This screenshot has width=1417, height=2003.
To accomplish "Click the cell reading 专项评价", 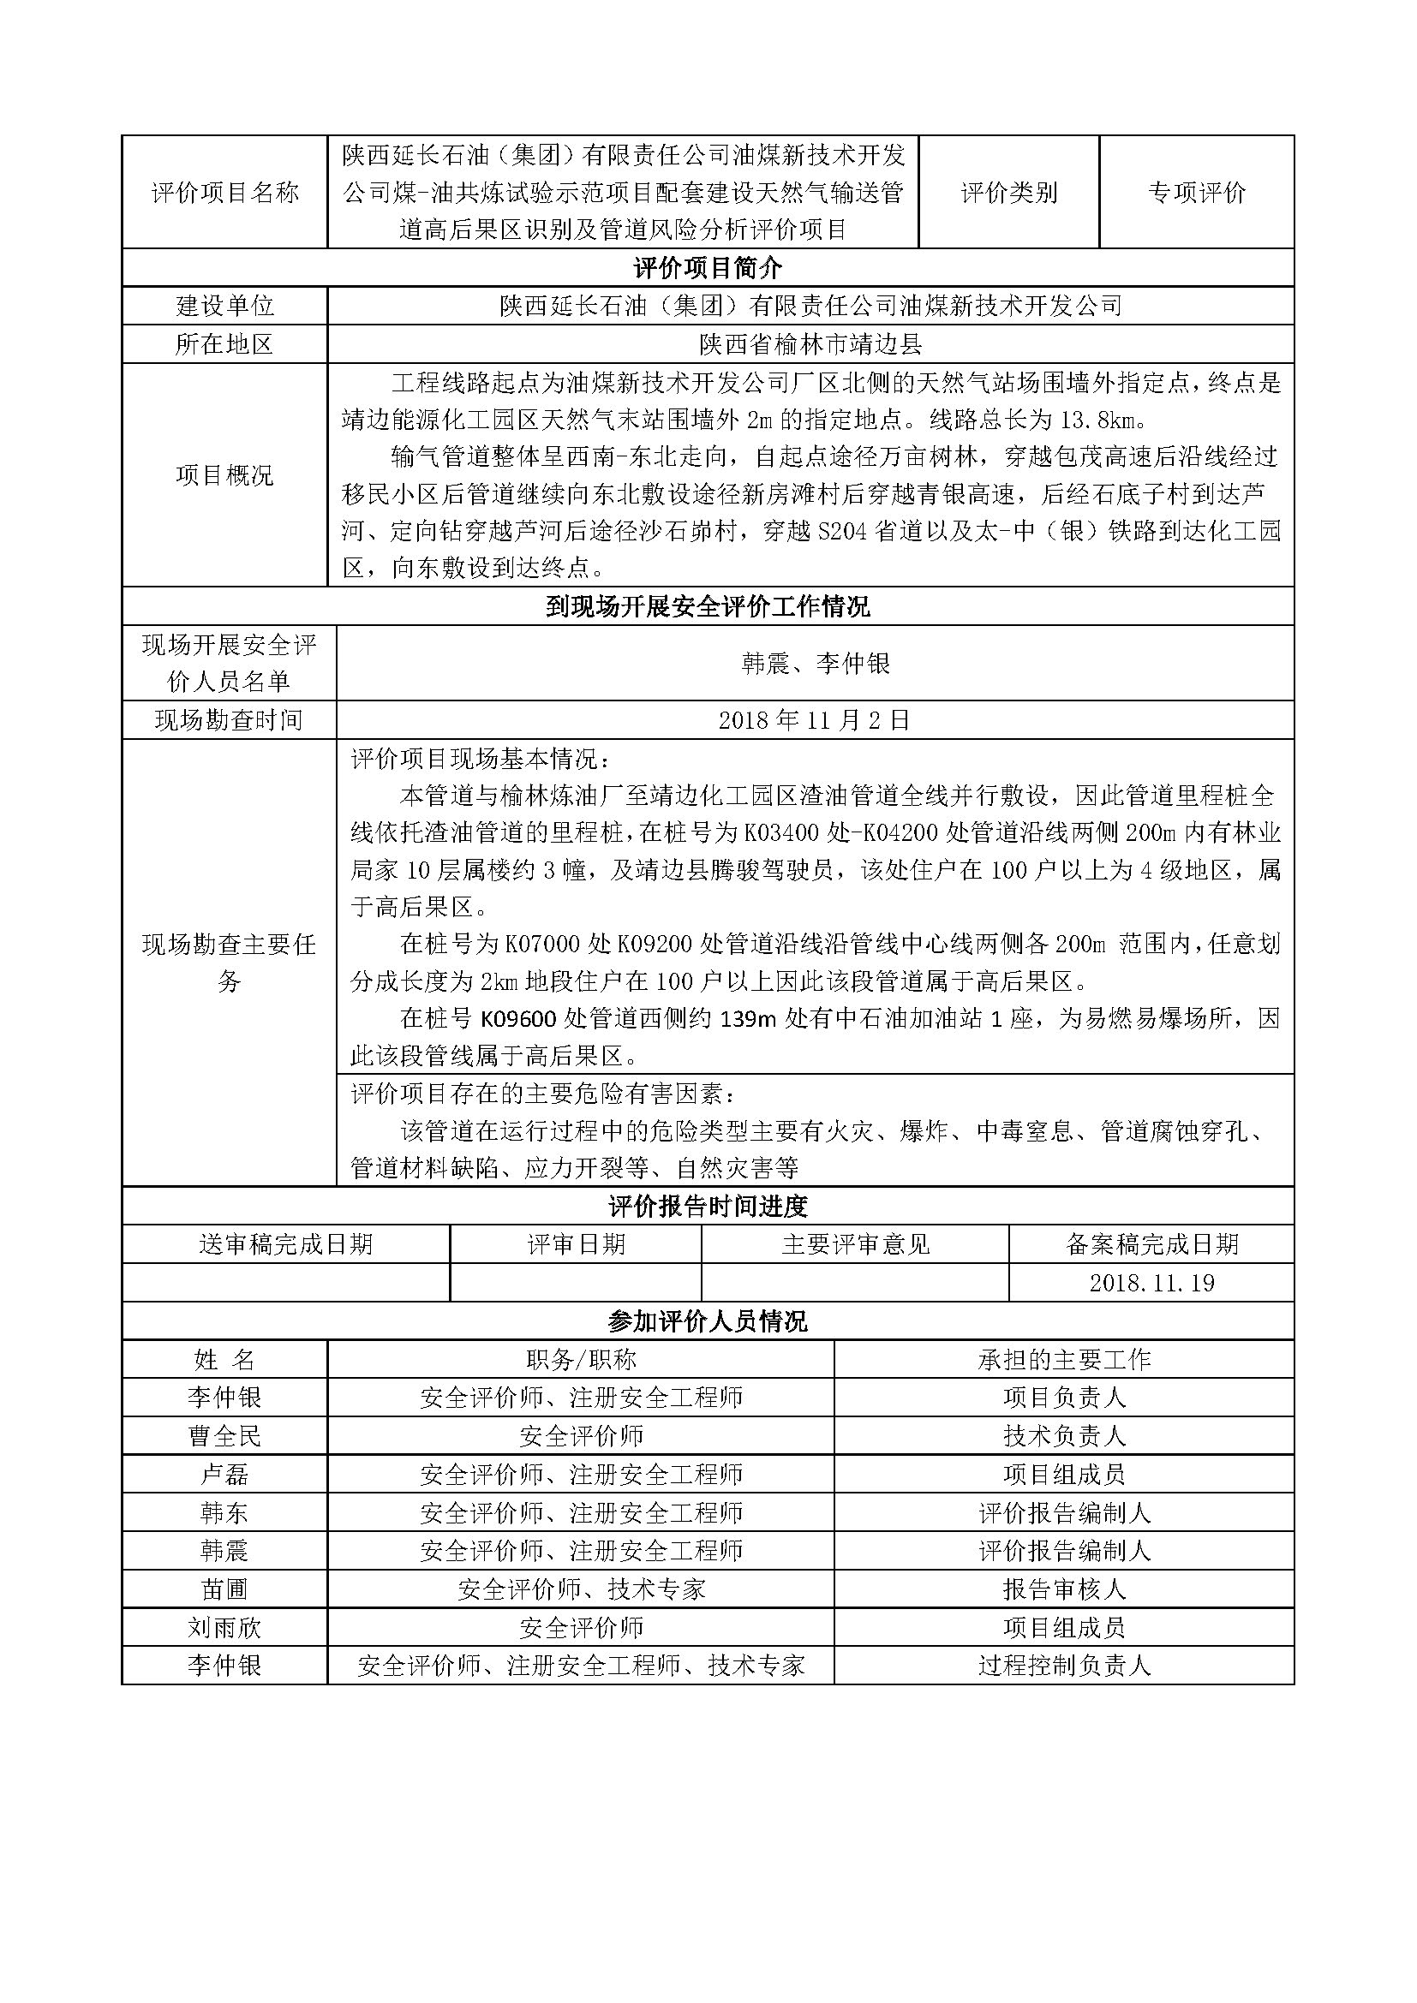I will click(1196, 193).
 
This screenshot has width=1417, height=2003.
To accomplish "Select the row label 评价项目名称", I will click(225, 193).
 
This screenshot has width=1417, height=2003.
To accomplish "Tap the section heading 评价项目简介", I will click(708, 268).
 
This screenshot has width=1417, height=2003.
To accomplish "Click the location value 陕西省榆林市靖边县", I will click(810, 344).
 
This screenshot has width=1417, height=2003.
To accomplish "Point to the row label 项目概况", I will click(225, 475).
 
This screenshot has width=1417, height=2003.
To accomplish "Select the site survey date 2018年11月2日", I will click(814, 720).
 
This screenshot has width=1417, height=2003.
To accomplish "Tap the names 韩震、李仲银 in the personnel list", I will click(815, 664).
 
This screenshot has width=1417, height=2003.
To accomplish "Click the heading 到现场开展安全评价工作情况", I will click(708, 607).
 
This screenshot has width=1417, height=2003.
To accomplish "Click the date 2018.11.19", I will click(1151, 1284).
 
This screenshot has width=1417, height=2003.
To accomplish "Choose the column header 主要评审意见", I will click(855, 1245).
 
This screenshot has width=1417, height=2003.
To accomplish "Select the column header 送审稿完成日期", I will click(286, 1245).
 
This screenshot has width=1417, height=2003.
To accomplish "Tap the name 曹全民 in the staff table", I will click(225, 1437).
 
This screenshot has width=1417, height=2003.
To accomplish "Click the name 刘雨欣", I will click(225, 1629).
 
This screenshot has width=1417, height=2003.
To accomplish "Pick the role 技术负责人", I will click(1065, 1437).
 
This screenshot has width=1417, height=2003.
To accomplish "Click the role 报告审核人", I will click(1065, 1590).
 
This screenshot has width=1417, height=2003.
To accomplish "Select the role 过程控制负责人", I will click(1065, 1666).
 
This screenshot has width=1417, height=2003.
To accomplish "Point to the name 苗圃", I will click(225, 1590).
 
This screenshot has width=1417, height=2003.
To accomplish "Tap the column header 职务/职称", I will click(581, 1360).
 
